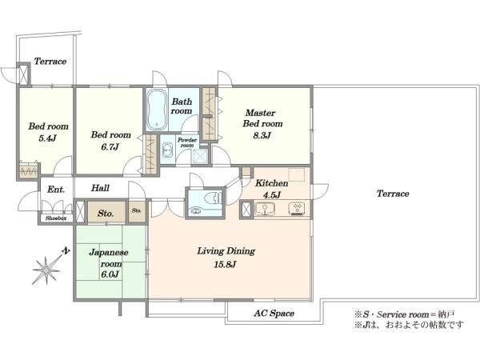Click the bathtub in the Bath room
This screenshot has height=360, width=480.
pyautogui.click(x=157, y=110)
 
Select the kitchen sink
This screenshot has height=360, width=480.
pyautogui.click(x=265, y=209)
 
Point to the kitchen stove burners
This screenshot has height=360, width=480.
pyautogui.click(x=297, y=208)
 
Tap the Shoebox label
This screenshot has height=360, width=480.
pyautogui.click(x=56, y=218)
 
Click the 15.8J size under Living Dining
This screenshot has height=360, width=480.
pyautogui.click(x=225, y=264)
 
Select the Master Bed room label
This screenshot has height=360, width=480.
pyautogui.click(x=262, y=118)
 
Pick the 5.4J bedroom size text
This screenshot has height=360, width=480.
pyautogui.click(x=47, y=138)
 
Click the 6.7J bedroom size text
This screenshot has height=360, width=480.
pyautogui.click(x=110, y=147)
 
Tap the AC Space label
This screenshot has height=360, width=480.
pyautogui.click(x=274, y=313)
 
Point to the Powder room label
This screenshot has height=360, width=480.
pyautogui.click(x=187, y=142)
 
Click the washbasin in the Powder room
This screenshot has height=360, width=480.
pyautogui.click(x=167, y=150)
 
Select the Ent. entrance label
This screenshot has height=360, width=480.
pyautogui.click(x=56, y=190)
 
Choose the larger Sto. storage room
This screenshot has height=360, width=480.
pyautogui.click(x=106, y=212)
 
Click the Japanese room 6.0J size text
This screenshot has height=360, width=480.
pyautogui.click(x=110, y=274)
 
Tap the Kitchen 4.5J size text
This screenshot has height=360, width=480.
pyautogui.click(x=271, y=195)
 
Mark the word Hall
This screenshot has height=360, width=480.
pyautogui.click(x=100, y=188)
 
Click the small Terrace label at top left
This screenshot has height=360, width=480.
pyautogui.click(x=50, y=62)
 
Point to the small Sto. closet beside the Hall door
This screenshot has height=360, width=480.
pyautogui.click(x=137, y=211)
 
